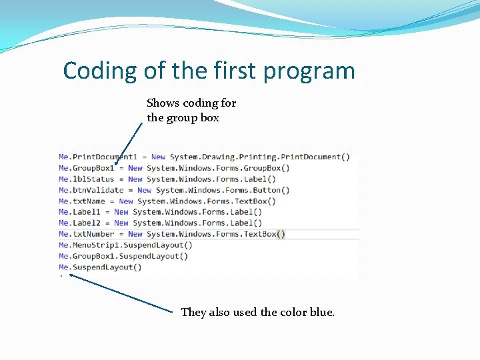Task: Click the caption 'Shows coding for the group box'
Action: click(191, 111)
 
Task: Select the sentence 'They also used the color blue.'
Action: click(257, 312)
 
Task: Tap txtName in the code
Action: click(89, 201)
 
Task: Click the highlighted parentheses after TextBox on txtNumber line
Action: click(281, 234)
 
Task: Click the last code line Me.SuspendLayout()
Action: click(100, 267)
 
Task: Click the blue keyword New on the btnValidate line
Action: click(145, 190)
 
